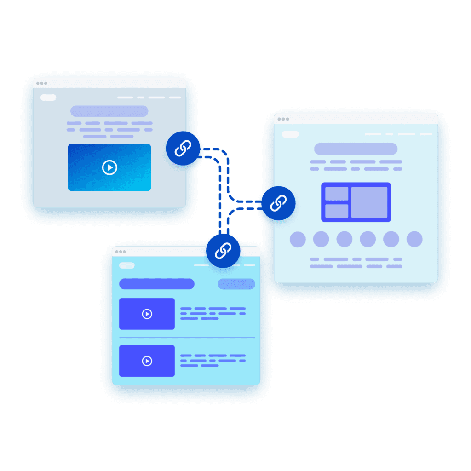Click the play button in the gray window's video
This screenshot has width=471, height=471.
[109, 167]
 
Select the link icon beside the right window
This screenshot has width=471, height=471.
[278, 203]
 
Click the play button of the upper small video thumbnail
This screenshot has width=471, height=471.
[147, 314]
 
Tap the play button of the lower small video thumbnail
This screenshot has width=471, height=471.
[147, 361]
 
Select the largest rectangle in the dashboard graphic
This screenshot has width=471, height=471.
[369, 202]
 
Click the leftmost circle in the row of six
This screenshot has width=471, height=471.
[298, 239]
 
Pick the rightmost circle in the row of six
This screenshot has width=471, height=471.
[414, 239]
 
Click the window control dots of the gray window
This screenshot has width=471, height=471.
[41, 83]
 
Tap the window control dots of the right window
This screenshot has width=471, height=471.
[283, 119]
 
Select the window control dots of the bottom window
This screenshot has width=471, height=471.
[121, 252]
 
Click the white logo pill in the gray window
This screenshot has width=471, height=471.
[48, 98]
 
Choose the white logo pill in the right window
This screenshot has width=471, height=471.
[290, 134]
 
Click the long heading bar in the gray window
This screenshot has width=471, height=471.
[109, 111]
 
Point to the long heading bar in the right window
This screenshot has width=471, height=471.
[356, 149]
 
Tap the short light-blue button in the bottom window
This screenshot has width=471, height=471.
[236, 284]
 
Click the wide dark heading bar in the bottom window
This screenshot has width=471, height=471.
[156, 284]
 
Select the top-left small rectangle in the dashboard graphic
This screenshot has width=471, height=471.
[337, 194]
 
